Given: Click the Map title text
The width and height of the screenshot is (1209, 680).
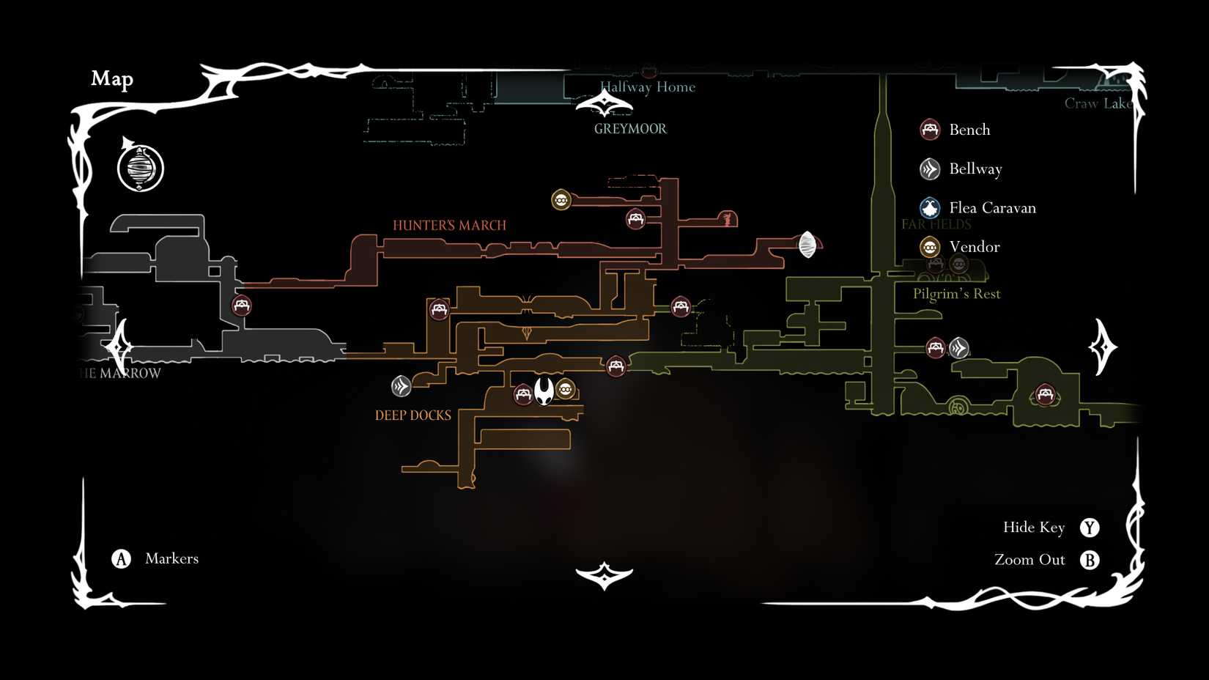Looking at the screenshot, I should [x=112, y=78].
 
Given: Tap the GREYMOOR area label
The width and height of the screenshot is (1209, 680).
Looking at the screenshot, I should [x=630, y=129].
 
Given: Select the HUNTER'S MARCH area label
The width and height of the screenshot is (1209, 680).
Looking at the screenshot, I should [x=449, y=225].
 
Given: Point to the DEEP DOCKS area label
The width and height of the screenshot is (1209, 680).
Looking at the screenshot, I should [x=413, y=415].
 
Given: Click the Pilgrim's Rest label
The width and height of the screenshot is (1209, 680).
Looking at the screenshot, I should [x=956, y=294].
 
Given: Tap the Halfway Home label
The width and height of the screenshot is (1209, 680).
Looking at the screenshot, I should [x=648, y=86].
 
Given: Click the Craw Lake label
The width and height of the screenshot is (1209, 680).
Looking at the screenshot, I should [x=1098, y=103].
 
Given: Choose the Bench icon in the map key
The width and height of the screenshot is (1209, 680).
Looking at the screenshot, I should [x=930, y=130].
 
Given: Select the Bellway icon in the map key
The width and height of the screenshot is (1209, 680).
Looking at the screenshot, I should [x=930, y=169].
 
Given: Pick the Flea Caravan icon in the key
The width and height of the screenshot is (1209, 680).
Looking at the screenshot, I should [x=930, y=208].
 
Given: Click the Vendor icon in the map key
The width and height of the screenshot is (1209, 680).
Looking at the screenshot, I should [x=930, y=247].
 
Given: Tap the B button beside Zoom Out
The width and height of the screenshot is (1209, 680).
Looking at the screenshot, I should [x=1090, y=560].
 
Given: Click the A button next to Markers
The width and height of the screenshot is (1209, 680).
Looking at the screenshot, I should [x=121, y=559].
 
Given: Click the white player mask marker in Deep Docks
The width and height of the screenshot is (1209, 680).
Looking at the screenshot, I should [x=544, y=391].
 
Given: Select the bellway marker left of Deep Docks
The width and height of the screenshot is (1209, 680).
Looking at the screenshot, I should [x=401, y=385].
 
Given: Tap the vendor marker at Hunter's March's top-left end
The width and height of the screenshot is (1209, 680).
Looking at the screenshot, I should [x=561, y=199].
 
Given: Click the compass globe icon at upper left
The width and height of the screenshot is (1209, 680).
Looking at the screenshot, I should [x=141, y=168].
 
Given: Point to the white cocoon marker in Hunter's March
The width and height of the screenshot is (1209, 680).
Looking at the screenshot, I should [x=807, y=245].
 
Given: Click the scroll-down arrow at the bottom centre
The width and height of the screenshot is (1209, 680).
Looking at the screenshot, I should [x=604, y=576].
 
